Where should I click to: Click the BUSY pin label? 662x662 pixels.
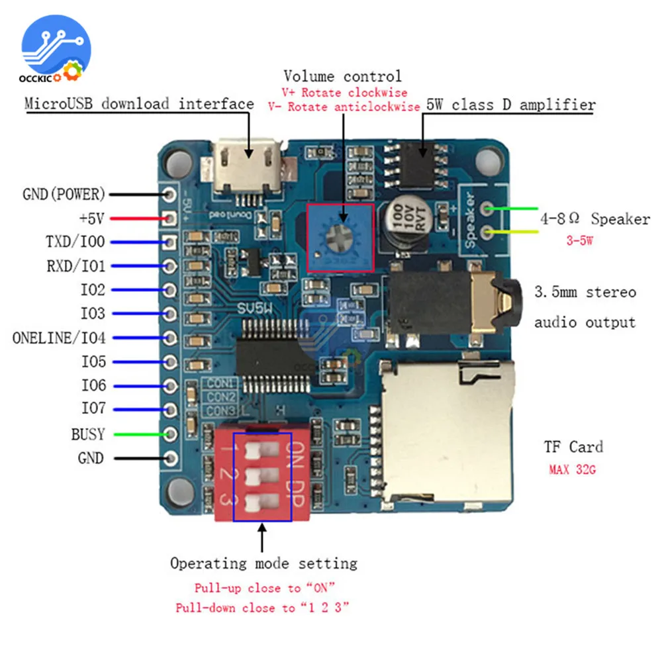tap(87, 434)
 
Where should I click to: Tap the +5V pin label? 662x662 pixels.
tap(91, 218)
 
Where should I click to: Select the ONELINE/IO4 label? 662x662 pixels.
tap(59, 338)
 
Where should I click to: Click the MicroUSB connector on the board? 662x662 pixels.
tap(248, 167)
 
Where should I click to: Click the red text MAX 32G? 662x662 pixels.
tap(572, 469)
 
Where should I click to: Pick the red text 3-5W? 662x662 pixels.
tap(580, 241)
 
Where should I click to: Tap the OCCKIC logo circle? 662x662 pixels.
tap(56, 47)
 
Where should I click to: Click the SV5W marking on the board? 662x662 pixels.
tap(255, 308)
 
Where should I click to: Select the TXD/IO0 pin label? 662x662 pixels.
tap(75, 242)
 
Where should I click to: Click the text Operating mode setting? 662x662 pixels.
tap(264, 563)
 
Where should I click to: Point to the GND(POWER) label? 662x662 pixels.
tap(64, 194)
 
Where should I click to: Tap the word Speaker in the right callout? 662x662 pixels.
tap(620, 218)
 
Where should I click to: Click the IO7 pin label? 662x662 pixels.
tap(93, 408)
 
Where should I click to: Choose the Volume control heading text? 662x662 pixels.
tap(342, 76)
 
